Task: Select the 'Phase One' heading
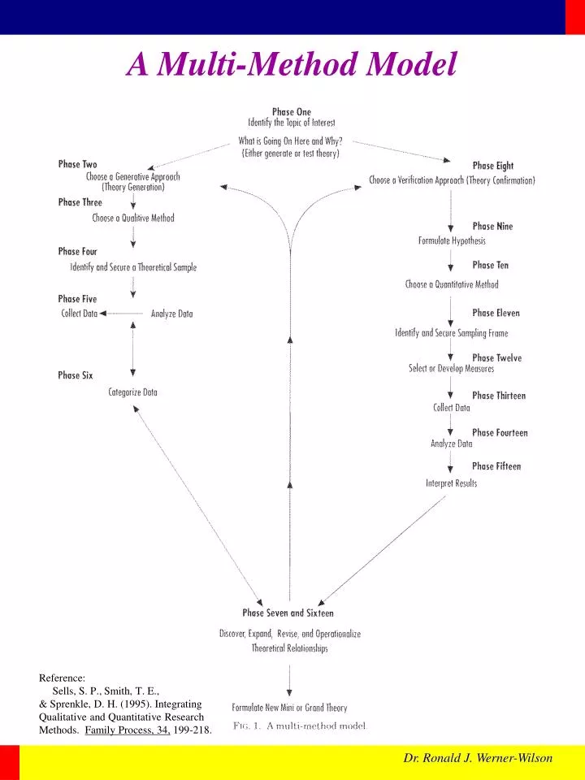coord(291,112)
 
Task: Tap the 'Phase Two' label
coord(77,164)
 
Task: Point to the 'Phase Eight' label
coord(492,167)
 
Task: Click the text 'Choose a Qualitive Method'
coord(133,218)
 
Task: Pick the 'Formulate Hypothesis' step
coord(452,240)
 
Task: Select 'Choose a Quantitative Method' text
coord(452,284)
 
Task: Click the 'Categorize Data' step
coord(133,392)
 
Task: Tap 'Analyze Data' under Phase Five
coord(171,314)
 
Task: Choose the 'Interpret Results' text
coord(451,483)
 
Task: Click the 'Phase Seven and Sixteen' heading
coord(288,613)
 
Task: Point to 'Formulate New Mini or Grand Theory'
coord(289,708)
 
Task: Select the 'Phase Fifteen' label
coord(496,466)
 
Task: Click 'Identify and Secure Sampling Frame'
coord(451,333)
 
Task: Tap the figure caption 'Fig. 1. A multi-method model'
coord(299,726)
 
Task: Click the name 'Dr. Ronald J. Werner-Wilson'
coord(478,758)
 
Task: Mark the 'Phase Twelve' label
coord(496,357)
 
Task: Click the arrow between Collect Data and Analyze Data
coord(123,314)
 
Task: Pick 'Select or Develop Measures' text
coord(451,368)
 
